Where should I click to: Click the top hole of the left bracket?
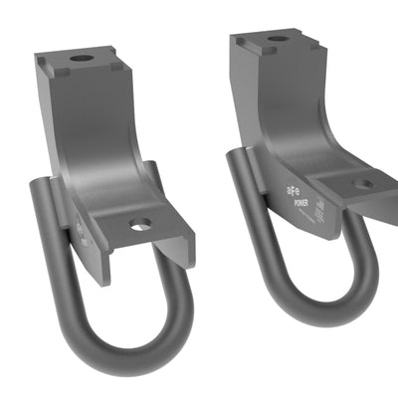pyautogui.click(x=83, y=58)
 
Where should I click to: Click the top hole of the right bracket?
pyautogui.click(x=278, y=39)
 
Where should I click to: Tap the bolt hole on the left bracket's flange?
pyautogui.click(x=140, y=225)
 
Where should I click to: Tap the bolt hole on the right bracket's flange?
pyautogui.click(x=364, y=183)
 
